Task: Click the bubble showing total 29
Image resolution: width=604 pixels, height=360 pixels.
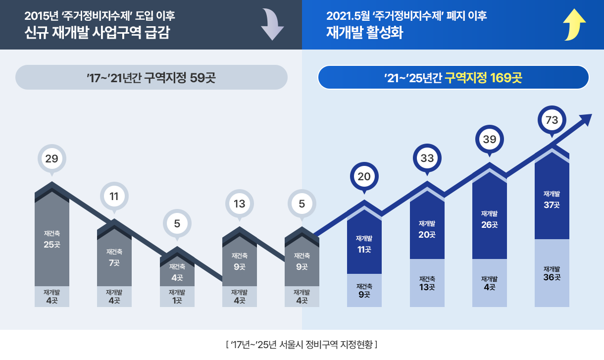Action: (x=52, y=159)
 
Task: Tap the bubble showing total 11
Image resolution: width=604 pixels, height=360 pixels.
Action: (x=114, y=197)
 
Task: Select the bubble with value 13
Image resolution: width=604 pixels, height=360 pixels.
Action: (x=240, y=204)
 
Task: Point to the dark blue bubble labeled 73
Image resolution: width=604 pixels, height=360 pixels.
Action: (x=552, y=120)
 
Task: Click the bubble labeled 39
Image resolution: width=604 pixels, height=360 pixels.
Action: (x=489, y=140)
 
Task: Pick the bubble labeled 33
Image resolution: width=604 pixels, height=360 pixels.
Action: (x=427, y=159)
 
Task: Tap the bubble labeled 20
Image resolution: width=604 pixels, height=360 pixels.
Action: (x=364, y=177)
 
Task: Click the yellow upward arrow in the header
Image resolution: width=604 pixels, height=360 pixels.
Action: (x=574, y=25)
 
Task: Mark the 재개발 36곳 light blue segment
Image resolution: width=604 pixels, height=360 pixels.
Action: (x=552, y=273)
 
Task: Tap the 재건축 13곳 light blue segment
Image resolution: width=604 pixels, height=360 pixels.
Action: (x=427, y=283)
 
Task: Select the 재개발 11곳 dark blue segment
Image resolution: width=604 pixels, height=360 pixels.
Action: (x=364, y=244)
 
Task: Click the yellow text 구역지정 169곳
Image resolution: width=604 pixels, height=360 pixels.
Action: (x=483, y=78)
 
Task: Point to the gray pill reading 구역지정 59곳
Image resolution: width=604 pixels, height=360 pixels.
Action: (x=151, y=78)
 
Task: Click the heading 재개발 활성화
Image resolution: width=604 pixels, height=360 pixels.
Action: (x=365, y=33)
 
